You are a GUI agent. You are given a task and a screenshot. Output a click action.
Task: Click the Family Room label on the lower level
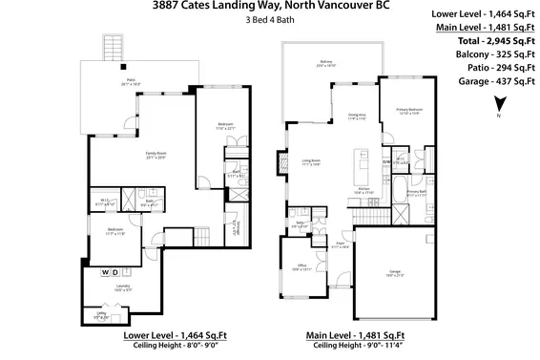135,157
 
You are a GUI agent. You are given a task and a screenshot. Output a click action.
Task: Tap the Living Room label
310,161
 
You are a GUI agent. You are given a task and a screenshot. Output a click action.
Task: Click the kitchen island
363,163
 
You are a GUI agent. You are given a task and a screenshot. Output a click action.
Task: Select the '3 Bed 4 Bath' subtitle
269,21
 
